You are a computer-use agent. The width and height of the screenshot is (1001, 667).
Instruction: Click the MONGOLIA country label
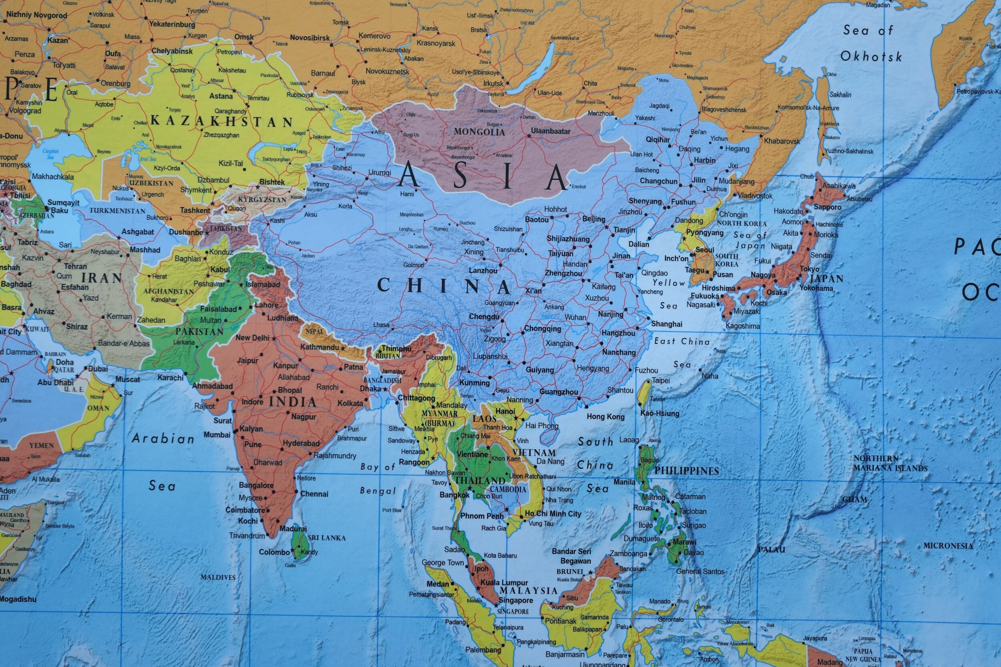(479, 132)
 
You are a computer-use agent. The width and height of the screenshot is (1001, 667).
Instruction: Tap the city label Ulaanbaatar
(550, 131)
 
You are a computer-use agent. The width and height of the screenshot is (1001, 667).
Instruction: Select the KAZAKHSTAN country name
(222, 121)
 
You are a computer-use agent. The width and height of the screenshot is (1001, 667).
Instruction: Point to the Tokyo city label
(809, 269)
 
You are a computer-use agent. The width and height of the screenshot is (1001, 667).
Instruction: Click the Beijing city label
(593, 219)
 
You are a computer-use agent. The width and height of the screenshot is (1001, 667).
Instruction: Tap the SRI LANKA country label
(326, 538)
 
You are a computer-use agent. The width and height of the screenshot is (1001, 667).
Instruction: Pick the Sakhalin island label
(840, 94)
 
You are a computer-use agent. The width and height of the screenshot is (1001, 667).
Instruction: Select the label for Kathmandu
(319, 347)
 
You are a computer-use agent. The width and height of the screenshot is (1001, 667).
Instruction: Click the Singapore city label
(515, 600)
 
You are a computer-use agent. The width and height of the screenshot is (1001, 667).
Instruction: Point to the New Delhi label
(252, 338)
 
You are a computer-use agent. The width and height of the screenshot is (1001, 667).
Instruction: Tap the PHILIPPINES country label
(686, 471)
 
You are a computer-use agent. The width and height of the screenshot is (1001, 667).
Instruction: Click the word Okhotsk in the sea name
(871, 56)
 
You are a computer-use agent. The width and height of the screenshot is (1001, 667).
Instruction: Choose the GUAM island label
(854, 499)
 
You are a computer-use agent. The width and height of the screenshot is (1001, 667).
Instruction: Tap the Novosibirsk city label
(310, 38)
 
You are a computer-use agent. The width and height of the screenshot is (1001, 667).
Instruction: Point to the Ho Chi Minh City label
(553, 513)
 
